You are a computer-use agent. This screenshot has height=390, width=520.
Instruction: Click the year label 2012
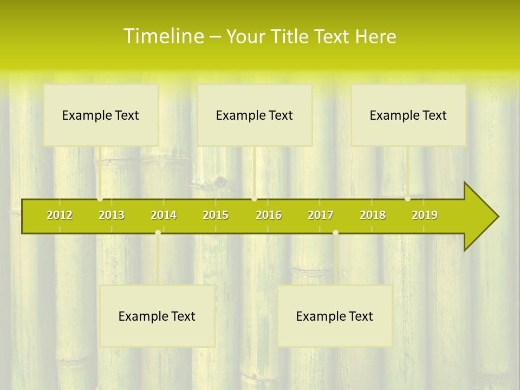pyautogui.click(x=60, y=215)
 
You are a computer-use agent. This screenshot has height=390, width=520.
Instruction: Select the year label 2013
pyautogui.click(x=112, y=215)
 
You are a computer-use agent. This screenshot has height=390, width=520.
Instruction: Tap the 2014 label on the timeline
pyautogui.click(x=164, y=215)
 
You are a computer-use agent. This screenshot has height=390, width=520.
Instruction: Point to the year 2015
pyautogui.click(x=216, y=215)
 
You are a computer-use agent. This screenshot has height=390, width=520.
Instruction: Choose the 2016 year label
pyautogui.click(x=269, y=215)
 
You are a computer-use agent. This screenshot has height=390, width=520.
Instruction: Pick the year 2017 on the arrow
pyautogui.click(x=321, y=215)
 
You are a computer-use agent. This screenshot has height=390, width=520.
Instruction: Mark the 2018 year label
pyautogui.click(x=373, y=215)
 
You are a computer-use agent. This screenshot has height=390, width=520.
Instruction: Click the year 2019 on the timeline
pyautogui.click(x=425, y=215)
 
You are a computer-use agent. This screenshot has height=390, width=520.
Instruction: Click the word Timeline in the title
pyautogui.click(x=162, y=36)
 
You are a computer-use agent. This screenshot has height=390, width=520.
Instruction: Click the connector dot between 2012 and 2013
pyautogui.click(x=100, y=199)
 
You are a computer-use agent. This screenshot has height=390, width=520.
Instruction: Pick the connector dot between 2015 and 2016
pyautogui.click(x=254, y=199)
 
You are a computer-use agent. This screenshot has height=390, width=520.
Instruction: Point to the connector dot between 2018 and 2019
pyautogui.click(x=408, y=199)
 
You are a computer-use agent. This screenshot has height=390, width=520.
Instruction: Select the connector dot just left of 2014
pyautogui.click(x=158, y=232)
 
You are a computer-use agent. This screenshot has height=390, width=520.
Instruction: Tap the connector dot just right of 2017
pyautogui.click(x=335, y=232)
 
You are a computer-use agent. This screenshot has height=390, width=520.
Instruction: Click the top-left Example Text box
pyautogui.click(x=101, y=115)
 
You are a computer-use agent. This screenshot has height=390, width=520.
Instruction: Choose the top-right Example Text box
pyautogui.click(x=408, y=115)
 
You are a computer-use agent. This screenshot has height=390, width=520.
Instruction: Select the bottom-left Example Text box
pyautogui.click(x=157, y=316)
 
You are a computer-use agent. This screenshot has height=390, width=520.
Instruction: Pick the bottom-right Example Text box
pyautogui.click(x=335, y=316)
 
